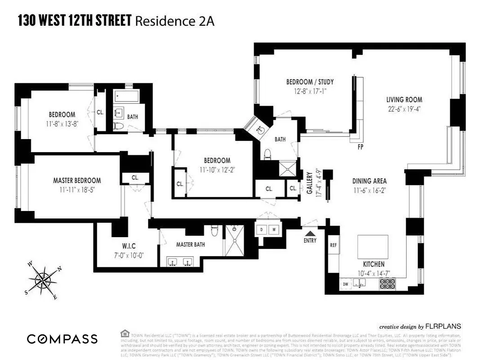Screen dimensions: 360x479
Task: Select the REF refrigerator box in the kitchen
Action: click(x=333, y=245)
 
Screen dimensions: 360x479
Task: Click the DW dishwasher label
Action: click(x=346, y=284)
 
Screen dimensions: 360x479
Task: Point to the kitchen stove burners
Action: click(x=387, y=283)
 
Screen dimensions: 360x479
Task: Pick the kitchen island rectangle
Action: click(x=373, y=246)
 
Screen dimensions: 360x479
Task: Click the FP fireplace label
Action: click(x=360, y=147)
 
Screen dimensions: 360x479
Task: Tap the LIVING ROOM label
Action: click(x=404, y=100)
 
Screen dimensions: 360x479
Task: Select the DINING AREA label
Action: click(x=369, y=181)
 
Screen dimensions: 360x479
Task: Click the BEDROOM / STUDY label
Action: click(x=310, y=82)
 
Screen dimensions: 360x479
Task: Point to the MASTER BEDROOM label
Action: click(x=77, y=180)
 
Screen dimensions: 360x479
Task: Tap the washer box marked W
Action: click(x=273, y=229)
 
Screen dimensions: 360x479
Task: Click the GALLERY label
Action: click(x=309, y=183)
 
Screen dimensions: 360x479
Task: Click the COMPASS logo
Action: click(x=62, y=339)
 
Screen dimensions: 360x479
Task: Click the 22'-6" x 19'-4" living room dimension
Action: click(x=404, y=108)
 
